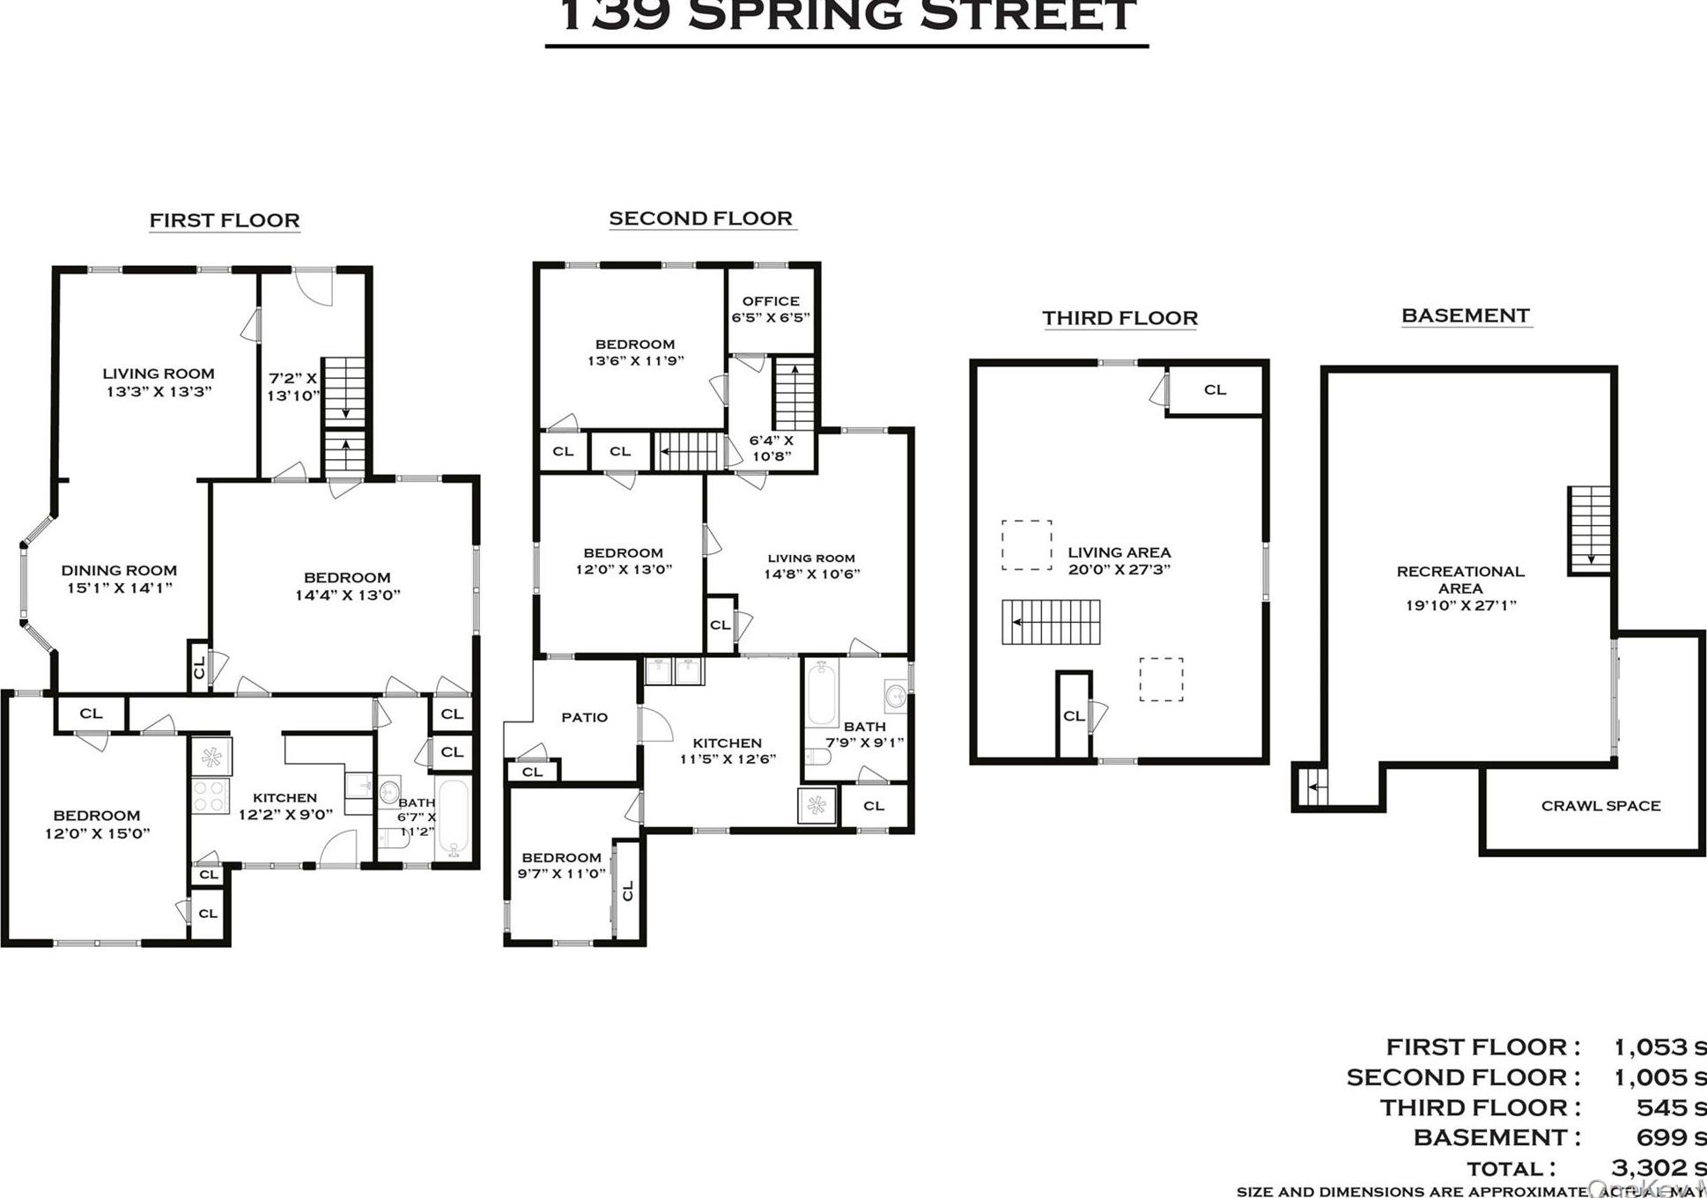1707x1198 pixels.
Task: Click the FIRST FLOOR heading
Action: [x=225, y=220]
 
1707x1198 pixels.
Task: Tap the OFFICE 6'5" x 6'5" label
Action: [x=771, y=309]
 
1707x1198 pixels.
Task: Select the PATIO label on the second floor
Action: [x=584, y=717]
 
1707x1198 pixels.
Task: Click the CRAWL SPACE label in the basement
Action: [x=1600, y=805]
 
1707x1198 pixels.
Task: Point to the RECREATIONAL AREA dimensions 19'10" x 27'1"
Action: [x=1460, y=605]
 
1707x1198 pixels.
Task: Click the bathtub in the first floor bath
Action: [x=454, y=818]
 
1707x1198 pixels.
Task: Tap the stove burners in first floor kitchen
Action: [x=211, y=795]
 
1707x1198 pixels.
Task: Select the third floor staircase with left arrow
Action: [x=1051, y=622]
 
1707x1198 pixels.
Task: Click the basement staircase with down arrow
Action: [x=1589, y=530]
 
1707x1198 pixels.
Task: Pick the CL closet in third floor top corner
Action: [x=1215, y=389]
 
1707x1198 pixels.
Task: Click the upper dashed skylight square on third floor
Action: [x=1026, y=545]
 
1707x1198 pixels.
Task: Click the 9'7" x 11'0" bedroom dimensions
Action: [x=561, y=874]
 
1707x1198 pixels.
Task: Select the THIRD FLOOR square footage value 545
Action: [x=1659, y=1107]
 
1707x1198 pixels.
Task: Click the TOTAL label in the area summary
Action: [x=1510, y=1169]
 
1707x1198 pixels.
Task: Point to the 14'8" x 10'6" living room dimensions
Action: [x=811, y=573]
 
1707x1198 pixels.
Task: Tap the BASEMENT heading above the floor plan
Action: [x=1466, y=315]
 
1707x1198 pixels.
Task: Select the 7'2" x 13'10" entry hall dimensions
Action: [x=292, y=387]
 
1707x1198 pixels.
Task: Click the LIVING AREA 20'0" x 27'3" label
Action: [x=1119, y=560]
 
